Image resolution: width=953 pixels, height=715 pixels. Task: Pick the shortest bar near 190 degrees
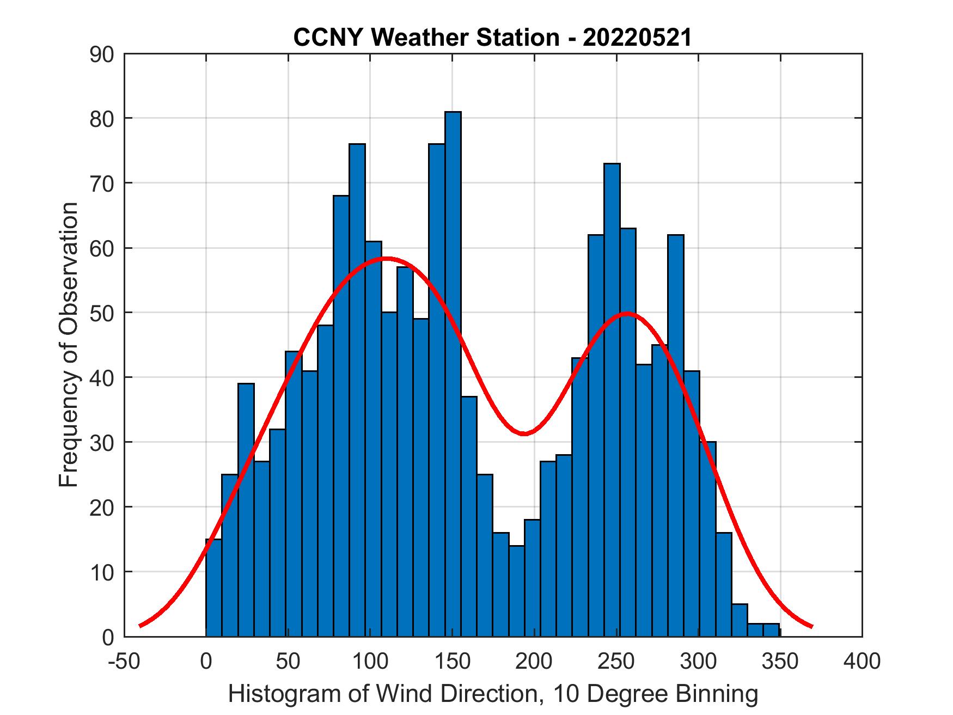tap(516, 591)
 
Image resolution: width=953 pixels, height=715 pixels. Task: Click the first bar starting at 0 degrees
tap(213, 588)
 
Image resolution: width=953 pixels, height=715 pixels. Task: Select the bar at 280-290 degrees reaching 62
tap(675, 435)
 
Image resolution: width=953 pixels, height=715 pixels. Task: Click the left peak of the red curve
tap(386, 258)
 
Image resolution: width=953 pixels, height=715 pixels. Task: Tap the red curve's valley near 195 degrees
tap(524, 434)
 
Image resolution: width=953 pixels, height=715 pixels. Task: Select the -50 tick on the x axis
tap(124, 662)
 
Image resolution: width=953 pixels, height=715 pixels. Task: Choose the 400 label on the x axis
tap(862, 662)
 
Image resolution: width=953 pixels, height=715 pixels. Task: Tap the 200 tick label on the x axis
tap(534, 662)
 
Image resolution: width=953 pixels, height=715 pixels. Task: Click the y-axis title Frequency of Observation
tap(69, 345)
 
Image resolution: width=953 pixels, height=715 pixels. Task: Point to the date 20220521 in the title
tap(637, 38)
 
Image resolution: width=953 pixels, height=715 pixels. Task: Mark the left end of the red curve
tap(140, 626)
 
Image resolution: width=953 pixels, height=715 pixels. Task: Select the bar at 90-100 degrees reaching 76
tap(357, 390)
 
